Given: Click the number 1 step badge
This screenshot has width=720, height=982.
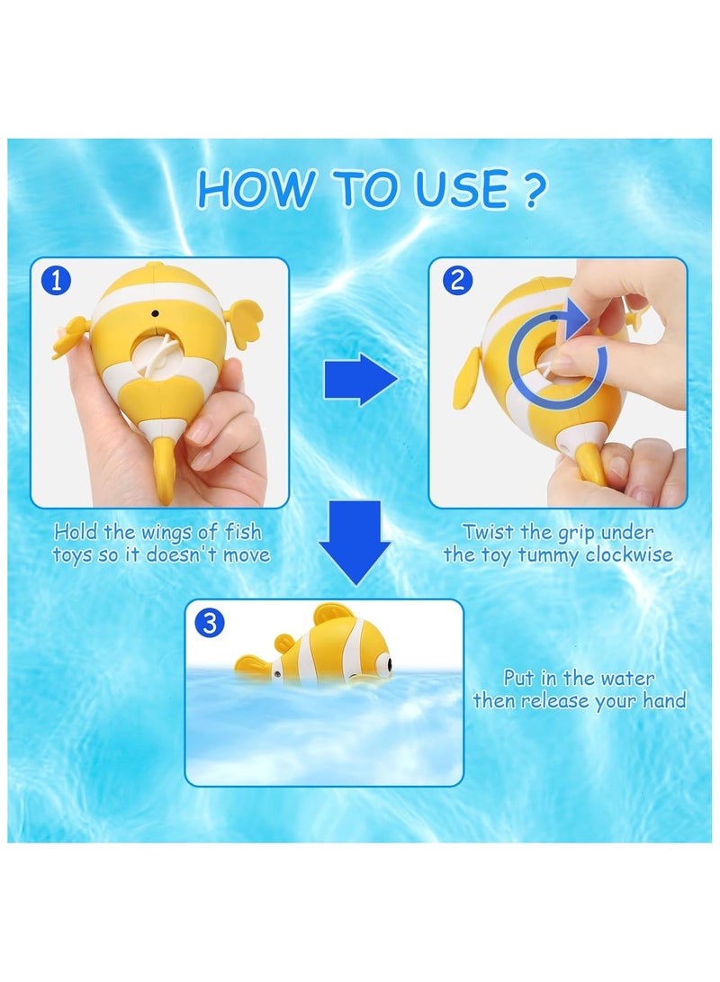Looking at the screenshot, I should click(57, 281).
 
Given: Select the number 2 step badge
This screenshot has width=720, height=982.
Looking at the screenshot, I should click(455, 281).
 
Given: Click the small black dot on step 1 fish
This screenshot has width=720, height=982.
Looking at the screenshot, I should click(155, 312).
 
